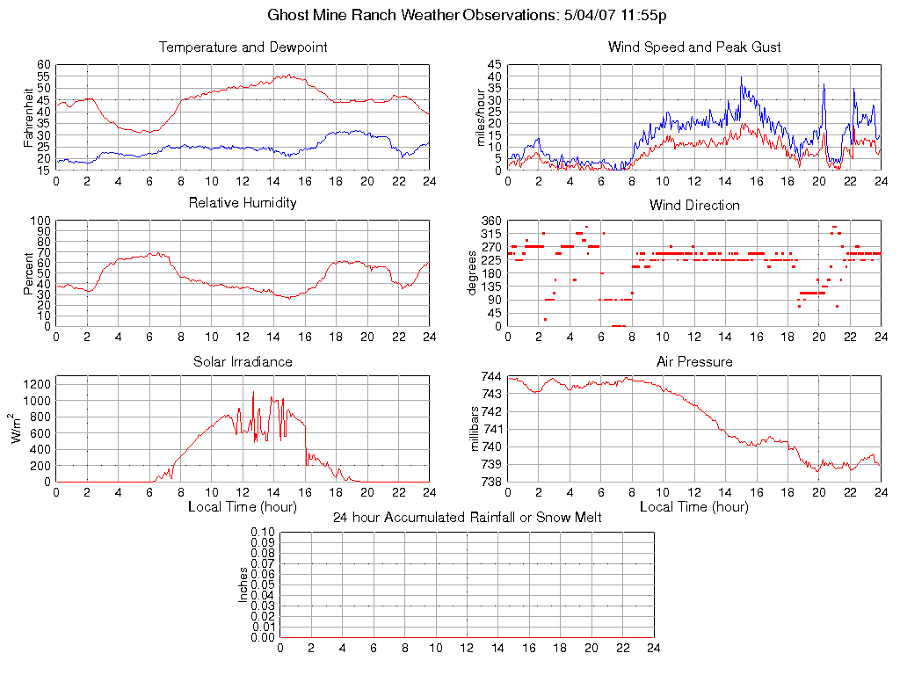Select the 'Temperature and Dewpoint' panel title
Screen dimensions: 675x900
[x=243, y=47]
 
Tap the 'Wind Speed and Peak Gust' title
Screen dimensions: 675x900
[x=694, y=47]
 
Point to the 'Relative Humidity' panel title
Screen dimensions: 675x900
[x=243, y=203]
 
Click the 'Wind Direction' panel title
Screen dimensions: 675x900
[x=694, y=206]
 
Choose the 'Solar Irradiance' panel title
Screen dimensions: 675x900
[x=243, y=362]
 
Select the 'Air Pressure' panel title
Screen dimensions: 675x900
[x=694, y=362]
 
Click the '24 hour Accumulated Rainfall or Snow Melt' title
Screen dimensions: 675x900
[x=467, y=518]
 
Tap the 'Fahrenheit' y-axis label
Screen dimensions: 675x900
[x=28, y=118]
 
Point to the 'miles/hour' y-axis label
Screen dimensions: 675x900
[x=480, y=118]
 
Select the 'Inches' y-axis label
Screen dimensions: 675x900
[x=243, y=584]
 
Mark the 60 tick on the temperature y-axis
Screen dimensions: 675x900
[x=43, y=65]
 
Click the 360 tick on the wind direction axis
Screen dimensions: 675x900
[x=491, y=221]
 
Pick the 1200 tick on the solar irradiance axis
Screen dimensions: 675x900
[x=37, y=383]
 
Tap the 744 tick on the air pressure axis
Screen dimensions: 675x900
[x=491, y=376]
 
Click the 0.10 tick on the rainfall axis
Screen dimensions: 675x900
[x=263, y=532]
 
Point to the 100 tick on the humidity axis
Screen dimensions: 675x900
[x=40, y=221]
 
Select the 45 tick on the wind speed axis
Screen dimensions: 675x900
[x=494, y=65]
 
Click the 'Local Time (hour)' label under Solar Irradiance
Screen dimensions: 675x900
[x=243, y=507]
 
